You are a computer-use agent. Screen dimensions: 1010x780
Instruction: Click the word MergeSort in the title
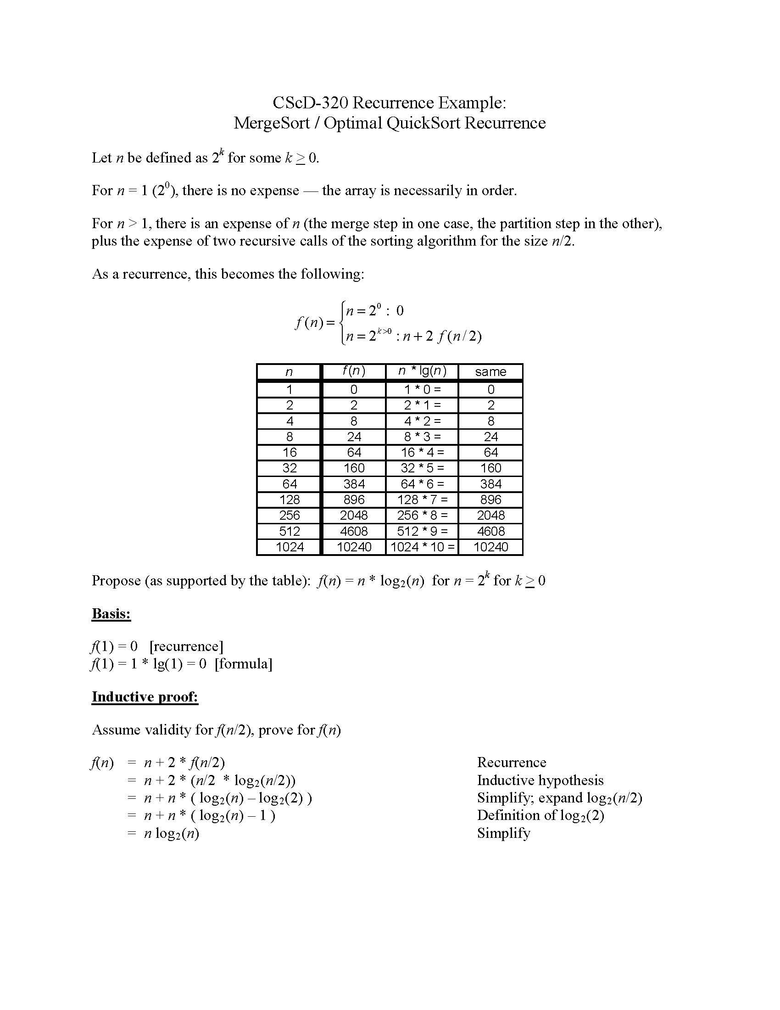[271, 123]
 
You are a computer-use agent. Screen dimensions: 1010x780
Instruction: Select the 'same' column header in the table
[490, 372]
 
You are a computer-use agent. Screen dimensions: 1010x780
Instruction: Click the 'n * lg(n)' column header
[422, 371]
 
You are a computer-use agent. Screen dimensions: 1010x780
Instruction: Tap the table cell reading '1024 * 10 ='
[422, 547]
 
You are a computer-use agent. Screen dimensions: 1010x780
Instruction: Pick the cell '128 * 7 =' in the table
[422, 499]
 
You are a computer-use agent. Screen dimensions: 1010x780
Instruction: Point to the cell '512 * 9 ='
[422, 531]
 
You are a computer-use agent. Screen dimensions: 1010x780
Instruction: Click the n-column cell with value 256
[289, 515]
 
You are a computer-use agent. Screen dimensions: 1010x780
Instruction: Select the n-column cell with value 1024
[289, 547]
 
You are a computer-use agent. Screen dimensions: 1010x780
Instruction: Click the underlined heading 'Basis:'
[111, 614]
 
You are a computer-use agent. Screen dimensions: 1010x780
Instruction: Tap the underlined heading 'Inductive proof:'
[145, 697]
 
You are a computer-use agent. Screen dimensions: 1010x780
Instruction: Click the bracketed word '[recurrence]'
[186, 646]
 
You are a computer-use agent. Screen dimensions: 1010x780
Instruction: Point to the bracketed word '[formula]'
[244, 664]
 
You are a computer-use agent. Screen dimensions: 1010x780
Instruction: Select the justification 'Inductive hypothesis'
[540, 780]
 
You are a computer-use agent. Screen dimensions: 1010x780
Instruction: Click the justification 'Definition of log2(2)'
[540, 815]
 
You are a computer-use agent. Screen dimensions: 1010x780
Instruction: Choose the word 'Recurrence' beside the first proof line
[512, 762]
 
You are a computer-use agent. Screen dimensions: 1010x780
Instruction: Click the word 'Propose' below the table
[116, 580]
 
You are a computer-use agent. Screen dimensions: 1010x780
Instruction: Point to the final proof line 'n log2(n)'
[172, 833]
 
